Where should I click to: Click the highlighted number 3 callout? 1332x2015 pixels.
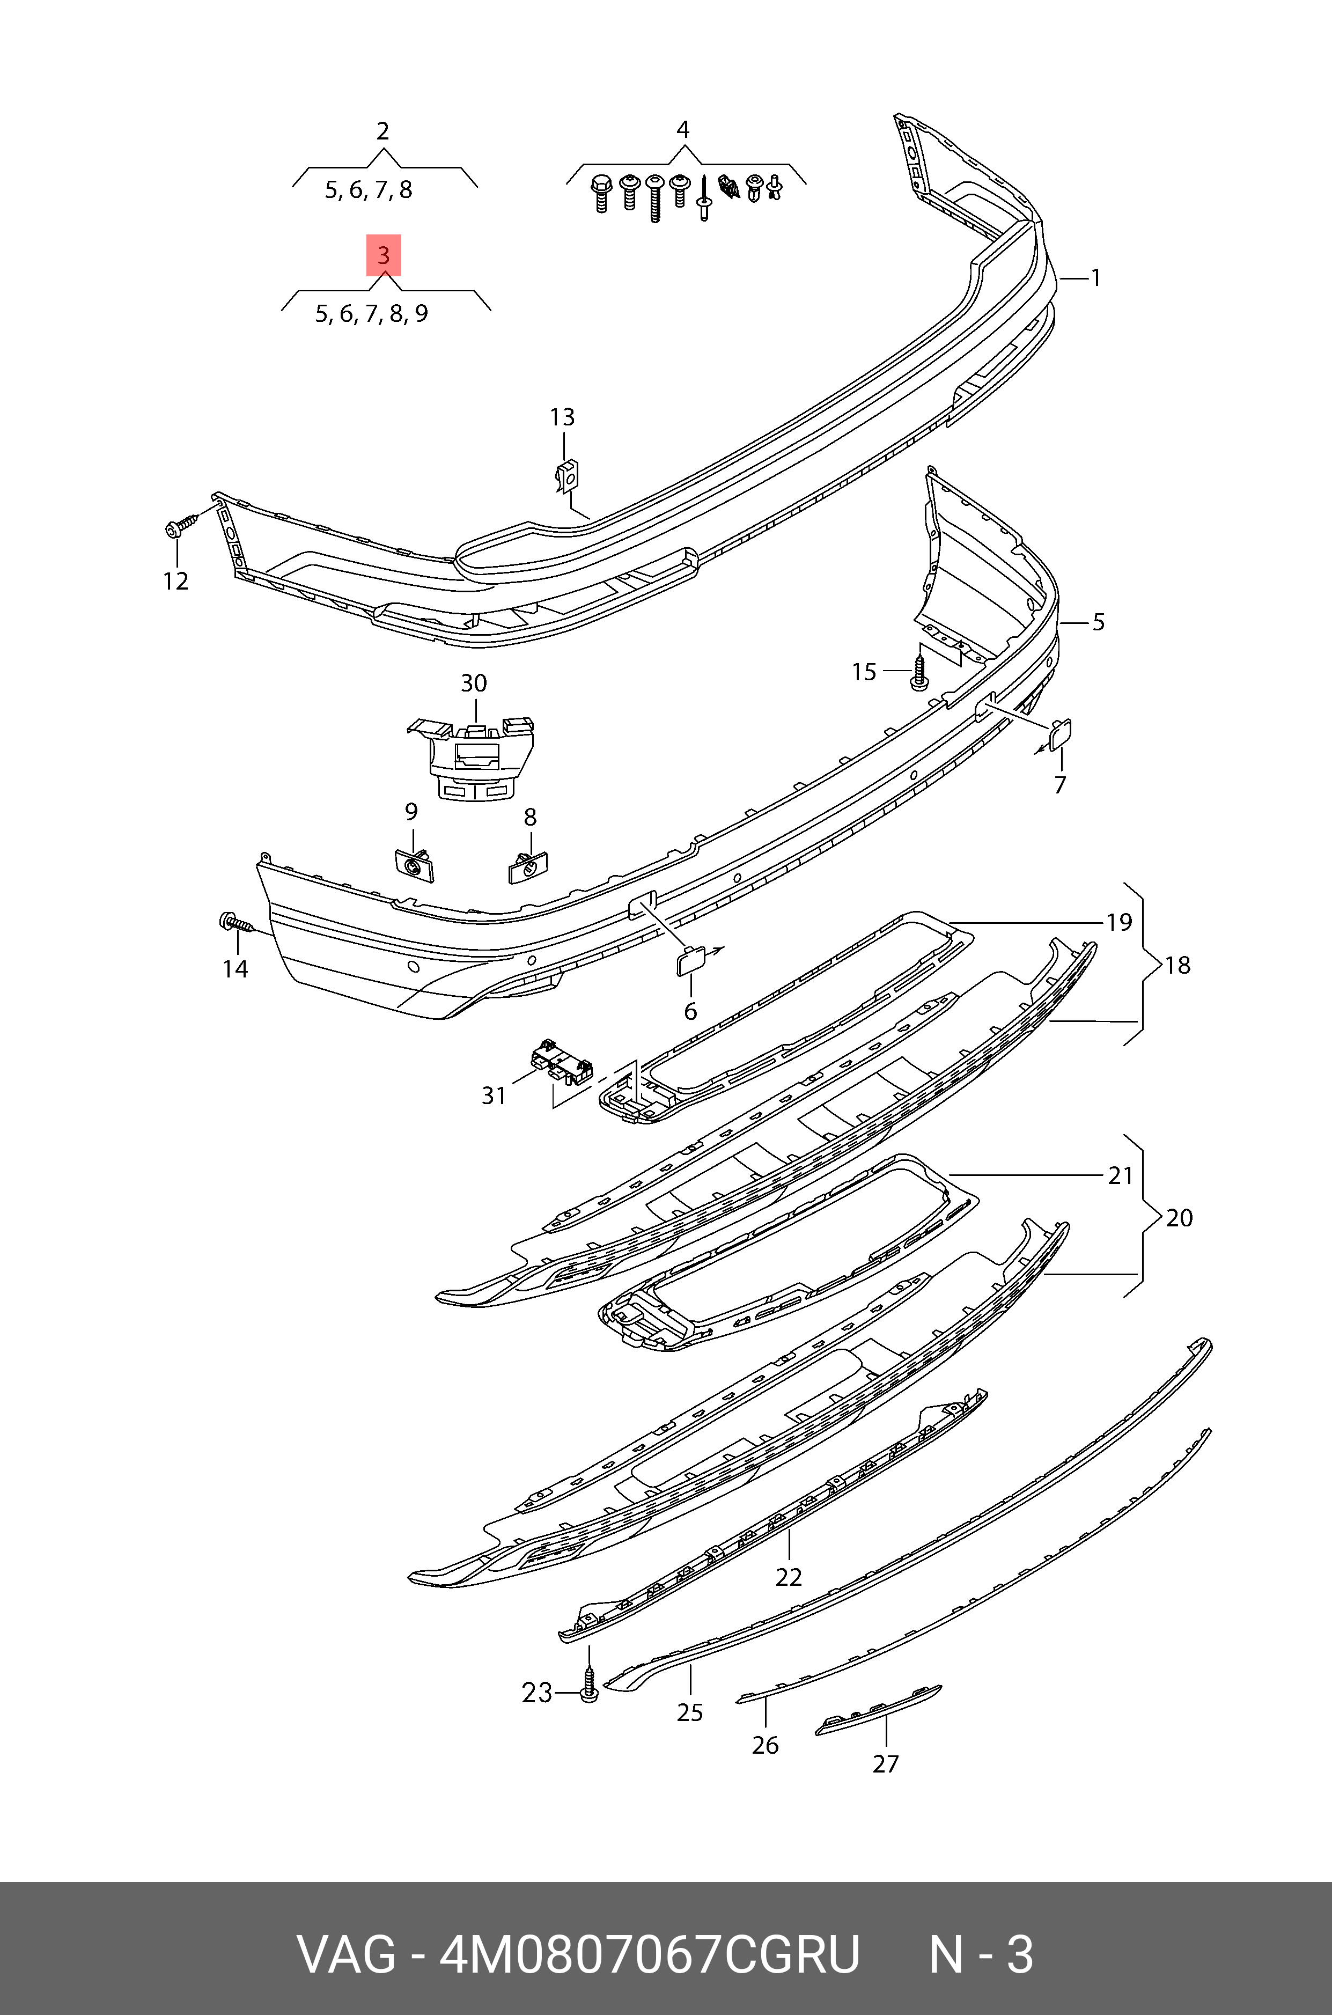pos(383,255)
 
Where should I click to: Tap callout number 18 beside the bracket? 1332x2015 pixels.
pos(1178,965)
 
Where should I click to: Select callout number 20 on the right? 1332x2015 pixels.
pos(1179,1218)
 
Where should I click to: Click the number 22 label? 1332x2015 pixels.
pos(789,1577)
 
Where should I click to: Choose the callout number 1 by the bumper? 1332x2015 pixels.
pos(1096,278)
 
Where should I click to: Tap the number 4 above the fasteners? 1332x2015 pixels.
pos(682,130)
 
